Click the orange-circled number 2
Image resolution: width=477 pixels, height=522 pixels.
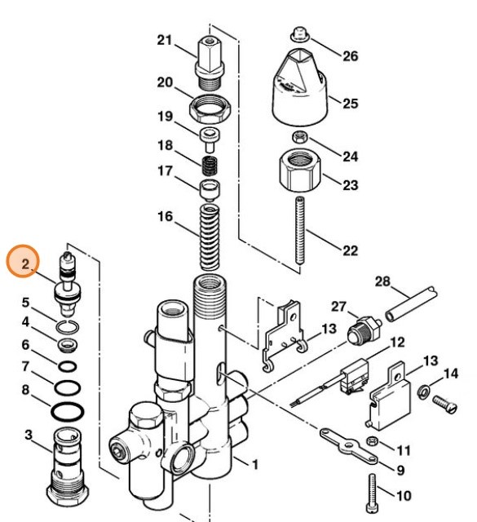pos(26,264)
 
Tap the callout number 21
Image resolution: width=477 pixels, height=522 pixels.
pos(166,41)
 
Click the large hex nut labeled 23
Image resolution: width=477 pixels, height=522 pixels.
pos(298,168)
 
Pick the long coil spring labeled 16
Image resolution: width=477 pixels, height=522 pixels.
pos(211,236)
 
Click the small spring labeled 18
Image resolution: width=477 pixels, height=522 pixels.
pos(210,168)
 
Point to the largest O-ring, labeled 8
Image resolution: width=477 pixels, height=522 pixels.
pos(66,408)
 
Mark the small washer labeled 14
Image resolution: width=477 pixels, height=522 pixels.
pos(425,394)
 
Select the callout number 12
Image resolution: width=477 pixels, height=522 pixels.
pos(397,343)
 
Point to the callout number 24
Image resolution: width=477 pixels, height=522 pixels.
pos(350,156)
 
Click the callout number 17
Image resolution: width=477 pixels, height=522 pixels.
pos(166,171)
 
